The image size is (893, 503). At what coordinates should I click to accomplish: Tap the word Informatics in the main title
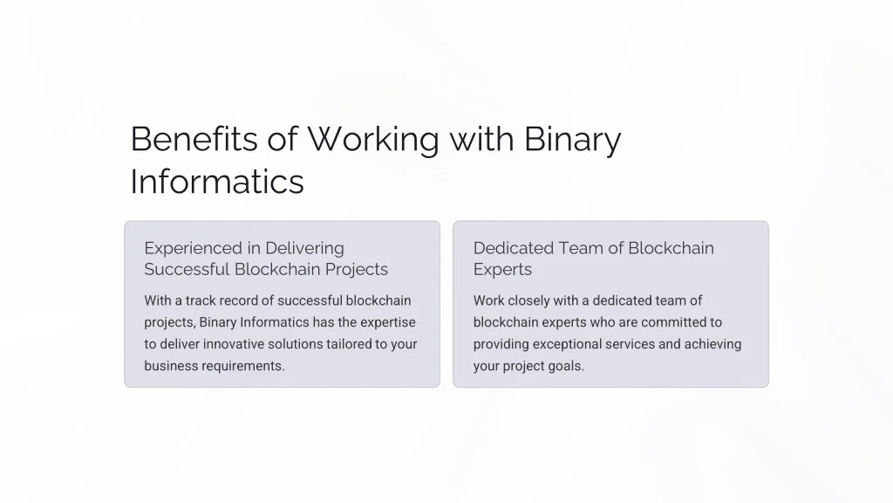click(x=217, y=182)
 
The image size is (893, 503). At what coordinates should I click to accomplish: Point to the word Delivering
click(x=304, y=248)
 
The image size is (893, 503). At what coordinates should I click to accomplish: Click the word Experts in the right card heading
click(x=502, y=270)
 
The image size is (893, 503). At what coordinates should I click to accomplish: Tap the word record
click(x=246, y=300)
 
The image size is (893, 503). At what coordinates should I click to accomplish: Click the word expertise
click(x=388, y=322)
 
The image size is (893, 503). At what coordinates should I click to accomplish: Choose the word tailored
click(x=347, y=344)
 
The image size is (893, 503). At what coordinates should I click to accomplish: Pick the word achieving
click(x=712, y=344)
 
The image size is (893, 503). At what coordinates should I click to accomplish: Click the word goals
click(x=567, y=366)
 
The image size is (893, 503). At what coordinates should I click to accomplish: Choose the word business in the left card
click(x=171, y=366)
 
